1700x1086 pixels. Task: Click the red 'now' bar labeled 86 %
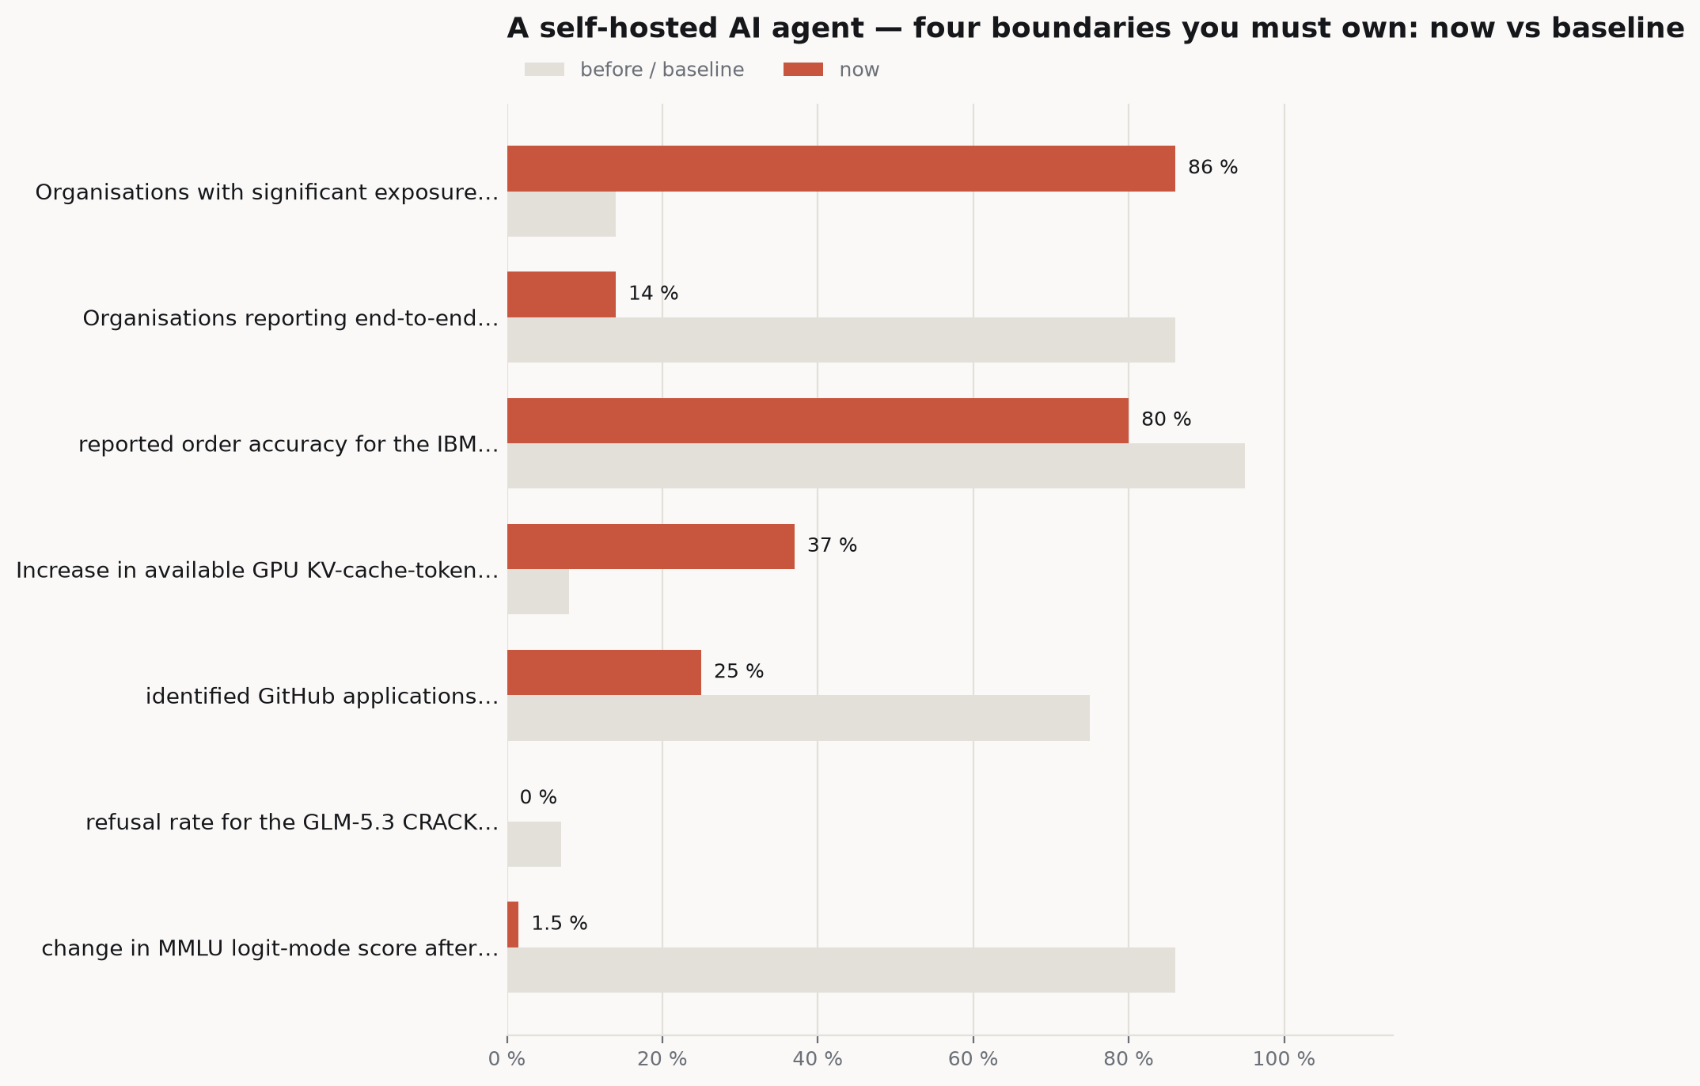point(841,169)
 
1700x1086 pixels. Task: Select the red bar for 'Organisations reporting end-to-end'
point(561,294)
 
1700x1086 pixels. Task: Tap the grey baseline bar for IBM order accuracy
point(876,466)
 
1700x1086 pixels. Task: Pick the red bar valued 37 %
point(651,546)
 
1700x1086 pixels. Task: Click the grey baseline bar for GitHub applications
point(799,718)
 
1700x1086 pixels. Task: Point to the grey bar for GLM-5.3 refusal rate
point(534,844)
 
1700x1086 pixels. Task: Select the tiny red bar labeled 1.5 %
point(513,925)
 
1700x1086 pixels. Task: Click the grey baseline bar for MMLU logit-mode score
point(841,970)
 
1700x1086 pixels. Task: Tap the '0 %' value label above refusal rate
point(538,798)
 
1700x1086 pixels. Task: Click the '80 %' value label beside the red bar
point(1166,420)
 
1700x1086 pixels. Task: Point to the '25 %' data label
point(738,672)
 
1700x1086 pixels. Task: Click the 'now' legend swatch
point(803,70)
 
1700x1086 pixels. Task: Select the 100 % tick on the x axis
point(1284,1059)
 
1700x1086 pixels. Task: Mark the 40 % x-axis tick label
point(818,1059)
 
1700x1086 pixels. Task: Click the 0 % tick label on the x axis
point(507,1059)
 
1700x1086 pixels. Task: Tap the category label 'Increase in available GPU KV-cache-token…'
point(257,571)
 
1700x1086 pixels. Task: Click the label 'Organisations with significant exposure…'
point(267,192)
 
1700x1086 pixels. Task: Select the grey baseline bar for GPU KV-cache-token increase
point(538,592)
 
